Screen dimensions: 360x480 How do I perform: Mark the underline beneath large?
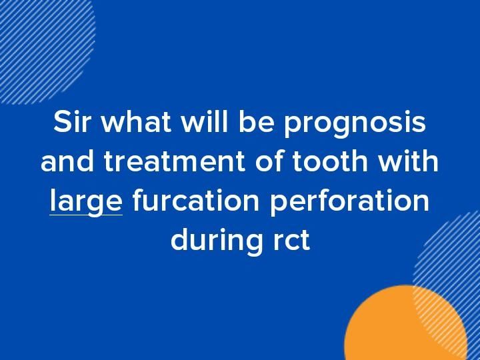tap(85, 215)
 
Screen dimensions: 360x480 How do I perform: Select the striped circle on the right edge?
tap(453, 267)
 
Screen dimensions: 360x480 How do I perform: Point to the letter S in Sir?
tap(61, 123)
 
